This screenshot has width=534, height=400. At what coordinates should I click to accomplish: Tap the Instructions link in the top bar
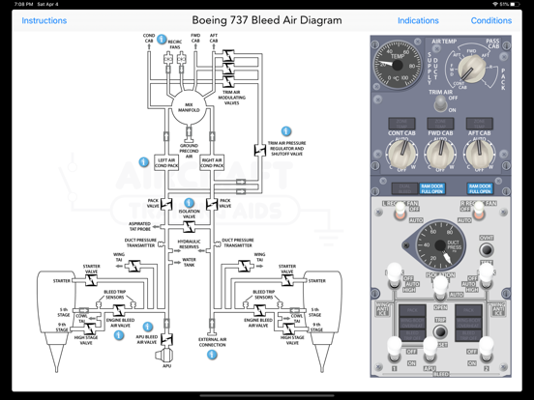tap(44, 20)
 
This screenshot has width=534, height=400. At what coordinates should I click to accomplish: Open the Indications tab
tap(418, 20)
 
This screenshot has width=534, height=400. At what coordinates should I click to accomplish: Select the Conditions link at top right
tap(490, 20)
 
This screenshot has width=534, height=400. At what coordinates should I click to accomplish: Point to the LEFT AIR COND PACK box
tap(167, 163)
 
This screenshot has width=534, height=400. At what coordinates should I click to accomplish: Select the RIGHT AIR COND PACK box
tap(211, 163)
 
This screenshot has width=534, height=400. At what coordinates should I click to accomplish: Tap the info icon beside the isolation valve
tap(190, 205)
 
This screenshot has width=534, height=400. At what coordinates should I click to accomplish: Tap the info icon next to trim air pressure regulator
tap(286, 131)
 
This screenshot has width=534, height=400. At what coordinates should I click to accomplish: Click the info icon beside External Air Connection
tap(213, 356)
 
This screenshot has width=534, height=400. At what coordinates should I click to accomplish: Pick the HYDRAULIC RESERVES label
tap(190, 244)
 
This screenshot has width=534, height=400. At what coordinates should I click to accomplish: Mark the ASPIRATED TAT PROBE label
tap(138, 227)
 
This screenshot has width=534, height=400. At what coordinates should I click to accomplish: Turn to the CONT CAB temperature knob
tap(401, 153)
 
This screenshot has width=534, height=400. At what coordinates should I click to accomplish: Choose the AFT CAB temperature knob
tap(479, 153)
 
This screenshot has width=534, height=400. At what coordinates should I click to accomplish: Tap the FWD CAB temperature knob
tap(440, 153)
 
